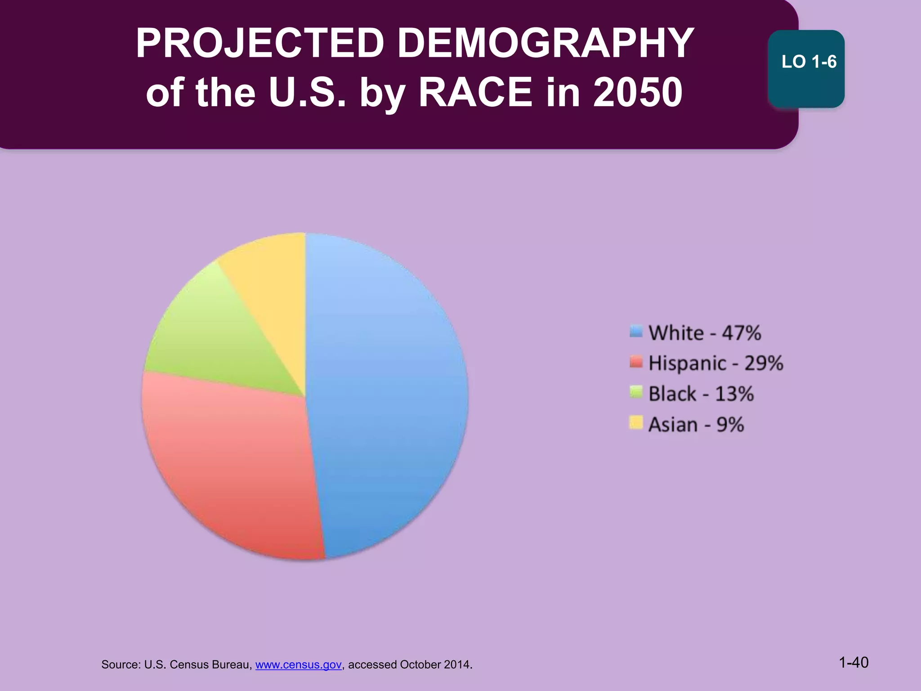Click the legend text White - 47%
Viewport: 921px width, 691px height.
704,333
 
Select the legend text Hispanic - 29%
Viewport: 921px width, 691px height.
715,363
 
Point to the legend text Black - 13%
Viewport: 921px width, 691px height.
701,394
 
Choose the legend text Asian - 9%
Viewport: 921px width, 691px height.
696,425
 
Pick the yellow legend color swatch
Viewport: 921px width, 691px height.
636,422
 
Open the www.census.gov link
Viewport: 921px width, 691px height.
298,664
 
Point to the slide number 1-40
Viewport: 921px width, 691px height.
854,663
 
